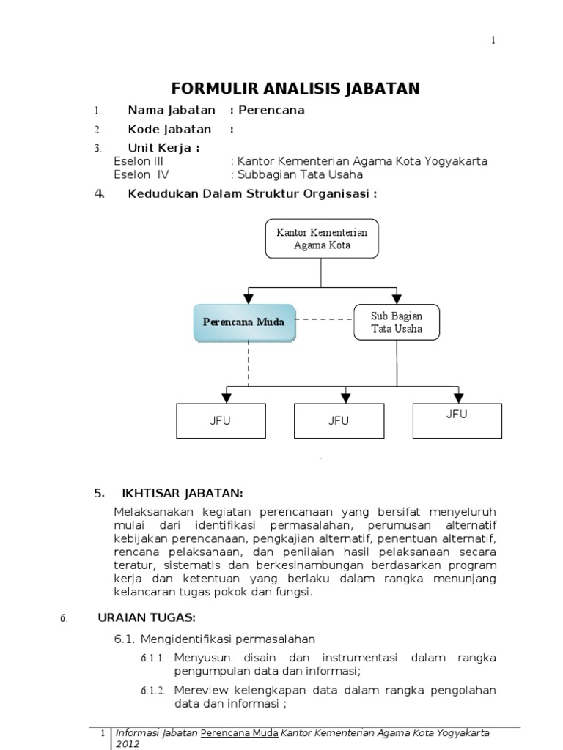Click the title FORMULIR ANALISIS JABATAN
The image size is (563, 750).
pyautogui.click(x=295, y=89)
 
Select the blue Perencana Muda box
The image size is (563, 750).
pyautogui.click(x=244, y=322)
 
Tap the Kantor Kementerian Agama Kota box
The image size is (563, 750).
pyautogui.click(x=322, y=239)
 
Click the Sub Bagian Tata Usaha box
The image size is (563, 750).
pyautogui.click(x=397, y=322)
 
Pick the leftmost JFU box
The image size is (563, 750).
pyautogui.click(x=221, y=420)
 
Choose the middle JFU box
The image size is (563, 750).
pyautogui.click(x=338, y=420)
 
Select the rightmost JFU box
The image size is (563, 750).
pyautogui.click(x=457, y=415)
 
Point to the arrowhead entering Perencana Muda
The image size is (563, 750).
pyautogui.click(x=249, y=298)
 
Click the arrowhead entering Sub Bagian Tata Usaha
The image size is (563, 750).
pyautogui.click(x=397, y=298)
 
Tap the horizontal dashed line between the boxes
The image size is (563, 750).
pyautogui.click(x=324, y=319)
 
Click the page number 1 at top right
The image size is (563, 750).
pyautogui.click(x=493, y=40)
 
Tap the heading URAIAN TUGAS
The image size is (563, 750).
pyautogui.click(x=147, y=617)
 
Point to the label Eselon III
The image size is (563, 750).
pyautogui.click(x=139, y=161)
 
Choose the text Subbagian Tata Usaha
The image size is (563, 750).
pyautogui.click(x=299, y=175)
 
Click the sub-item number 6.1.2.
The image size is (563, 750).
pyautogui.click(x=153, y=691)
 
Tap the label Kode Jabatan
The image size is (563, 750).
pyautogui.click(x=169, y=130)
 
